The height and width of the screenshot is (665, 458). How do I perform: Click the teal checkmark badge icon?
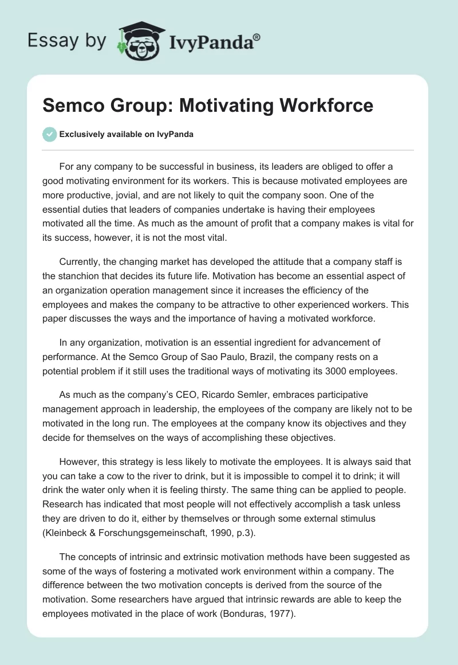point(50,135)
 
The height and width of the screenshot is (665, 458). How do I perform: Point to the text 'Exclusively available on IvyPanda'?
point(127,135)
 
